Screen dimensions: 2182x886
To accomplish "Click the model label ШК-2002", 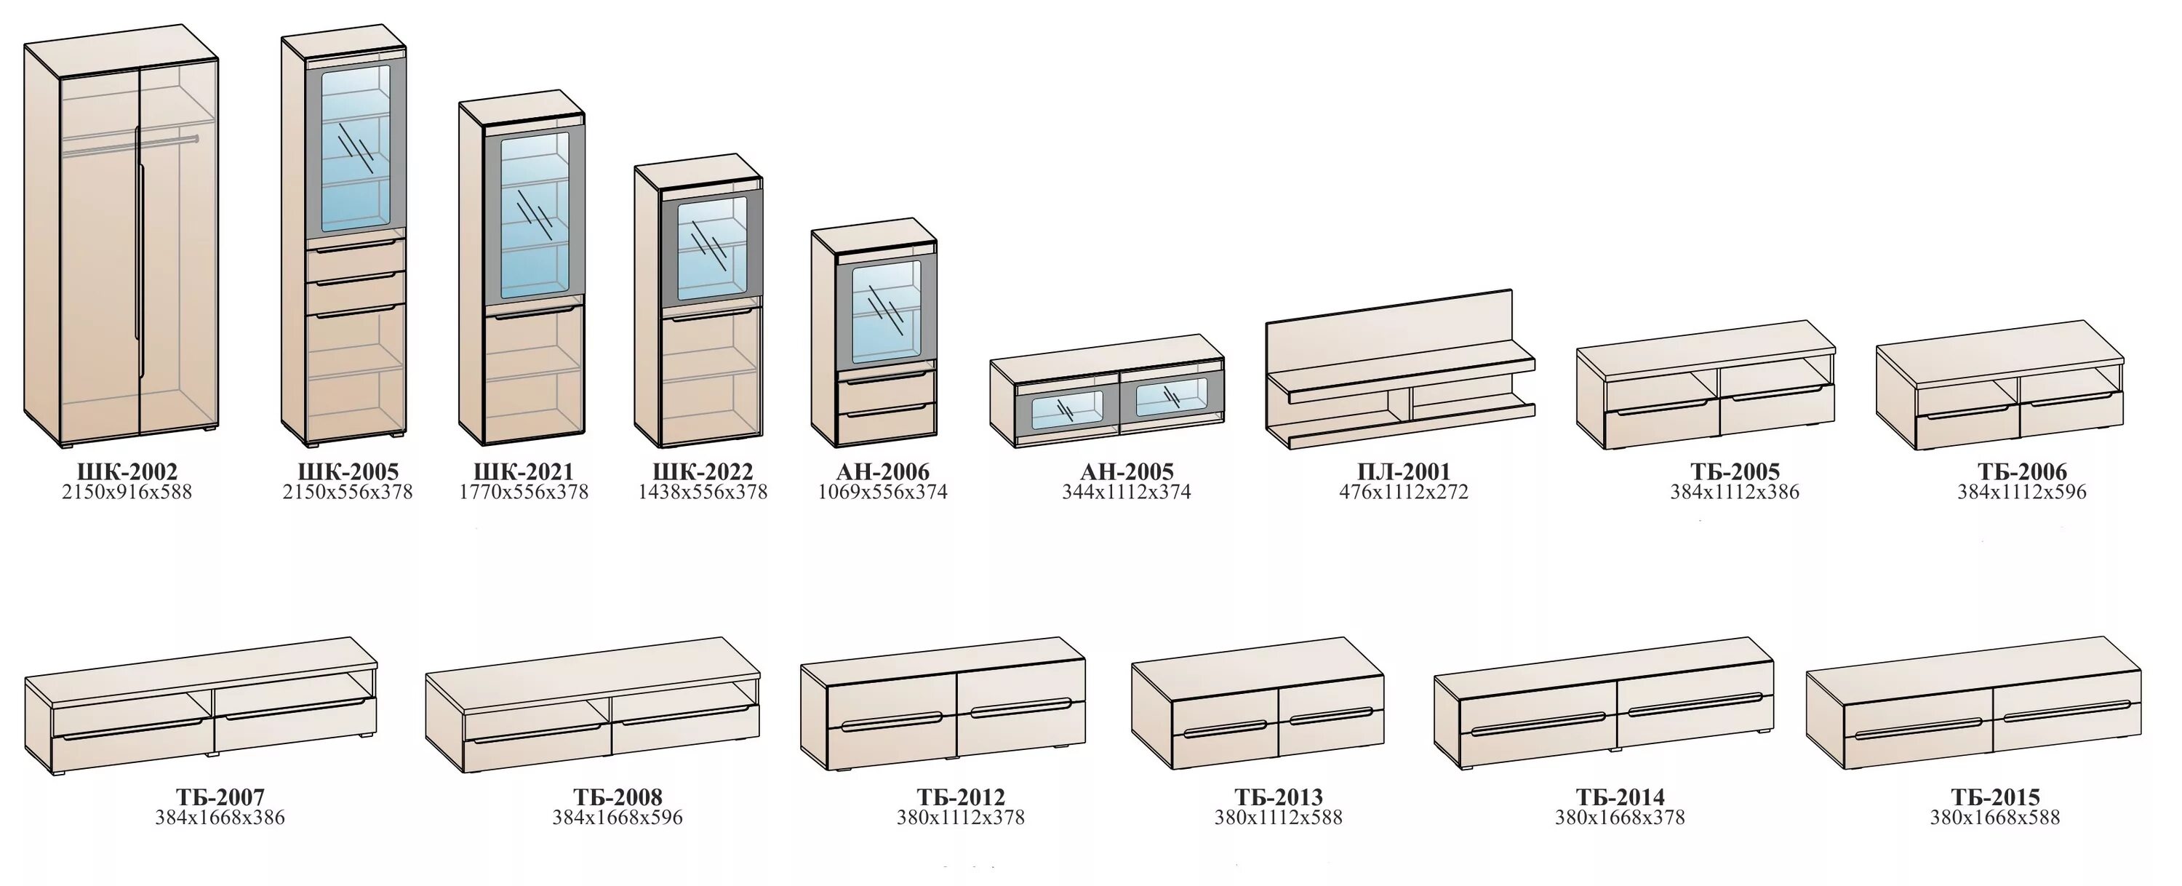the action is pos(127,472).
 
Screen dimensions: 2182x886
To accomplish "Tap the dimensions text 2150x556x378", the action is pos(347,492).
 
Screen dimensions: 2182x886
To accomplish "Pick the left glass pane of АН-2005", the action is pos(1067,408).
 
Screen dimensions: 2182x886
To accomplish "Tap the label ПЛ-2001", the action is pos(1404,472).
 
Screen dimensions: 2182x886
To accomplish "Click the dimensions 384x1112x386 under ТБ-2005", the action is pos(1734,492).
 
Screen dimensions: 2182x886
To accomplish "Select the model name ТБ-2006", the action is pos(2022,472).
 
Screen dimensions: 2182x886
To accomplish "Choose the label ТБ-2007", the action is pos(220,797).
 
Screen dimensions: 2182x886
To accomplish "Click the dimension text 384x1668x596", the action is pos(618,818).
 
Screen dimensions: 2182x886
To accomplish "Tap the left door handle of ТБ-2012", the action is pos(891,721).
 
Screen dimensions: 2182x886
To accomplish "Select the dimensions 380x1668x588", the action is pos(1995,818).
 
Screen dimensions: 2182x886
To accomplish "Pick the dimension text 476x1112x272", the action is pos(1404,492).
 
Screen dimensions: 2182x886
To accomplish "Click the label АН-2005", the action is pos(1127,472).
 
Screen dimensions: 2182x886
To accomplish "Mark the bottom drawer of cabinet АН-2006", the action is pos(886,422).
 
